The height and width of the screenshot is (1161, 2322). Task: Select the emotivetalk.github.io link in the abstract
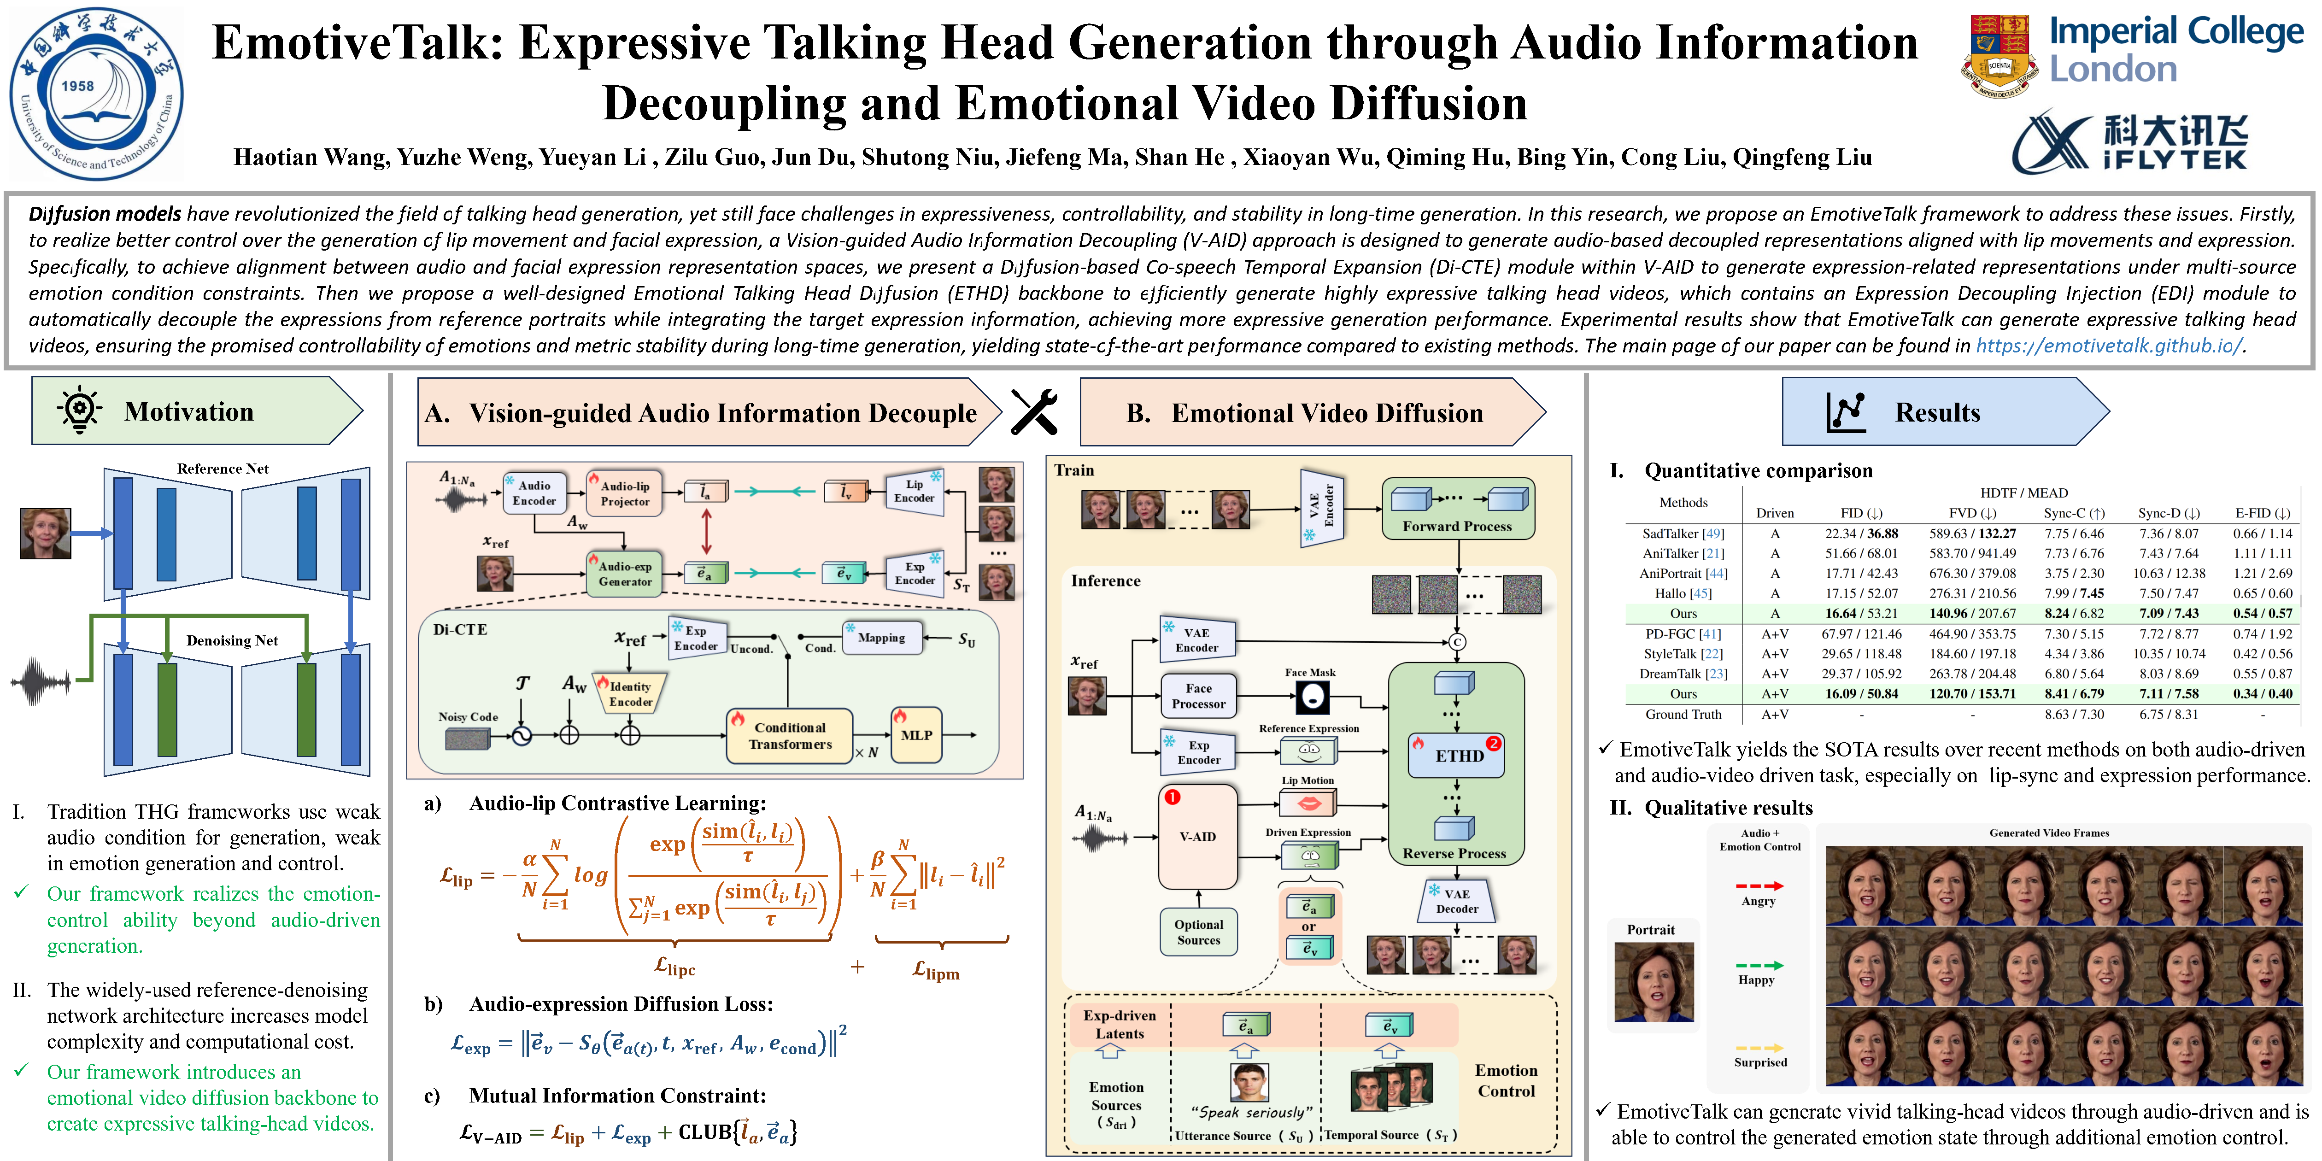click(2107, 346)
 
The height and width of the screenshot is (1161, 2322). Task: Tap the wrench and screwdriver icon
click(1034, 412)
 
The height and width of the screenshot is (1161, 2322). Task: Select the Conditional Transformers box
click(790, 736)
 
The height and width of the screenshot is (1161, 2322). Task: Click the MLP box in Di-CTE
click(916, 735)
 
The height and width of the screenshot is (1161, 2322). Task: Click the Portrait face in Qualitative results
click(1654, 983)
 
